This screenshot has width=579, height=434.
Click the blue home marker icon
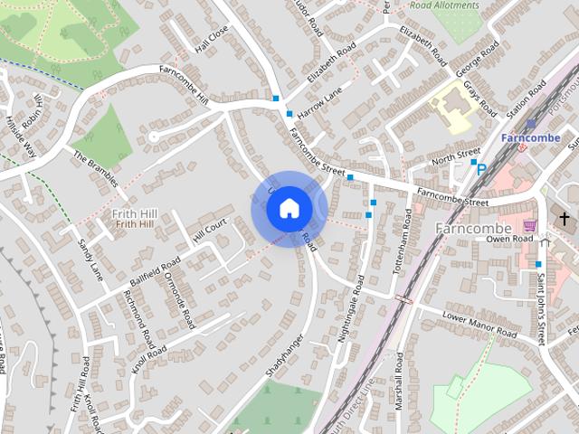point(289,209)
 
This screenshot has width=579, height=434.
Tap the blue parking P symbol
point(481,168)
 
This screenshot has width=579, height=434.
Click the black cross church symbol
point(565,220)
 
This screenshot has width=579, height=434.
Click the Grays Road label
point(479,100)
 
